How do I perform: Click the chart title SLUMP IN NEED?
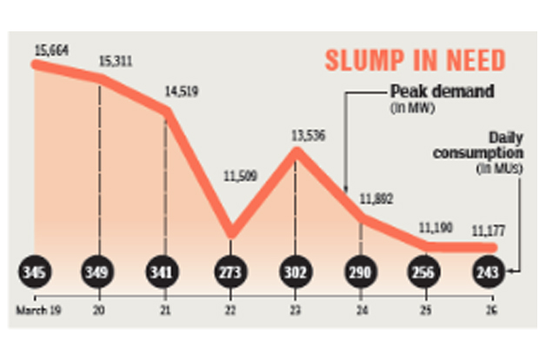click(x=415, y=61)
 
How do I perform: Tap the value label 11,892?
click(x=376, y=198)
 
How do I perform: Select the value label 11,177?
click(x=489, y=230)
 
